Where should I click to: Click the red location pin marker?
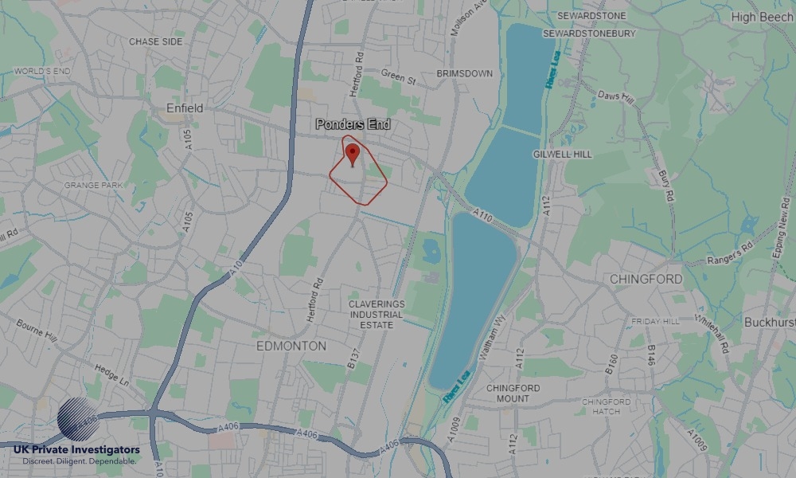[x=353, y=153]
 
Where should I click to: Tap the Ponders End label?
[x=353, y=125]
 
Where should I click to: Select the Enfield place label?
[x=185, y=108]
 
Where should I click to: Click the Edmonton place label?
[x=291, y=347]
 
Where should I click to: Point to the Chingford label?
[x=646, y=280]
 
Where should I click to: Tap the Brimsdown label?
[x=464, y=73]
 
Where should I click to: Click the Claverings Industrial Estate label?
[x=377, y=315]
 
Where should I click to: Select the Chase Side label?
[x=155, y=41]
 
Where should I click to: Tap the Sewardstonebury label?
[x=589, y=34]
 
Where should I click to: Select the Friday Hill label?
[x=655, y=321]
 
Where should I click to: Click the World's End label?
[x=42, y=72]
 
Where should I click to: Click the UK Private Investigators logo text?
[x=76, y=451]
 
